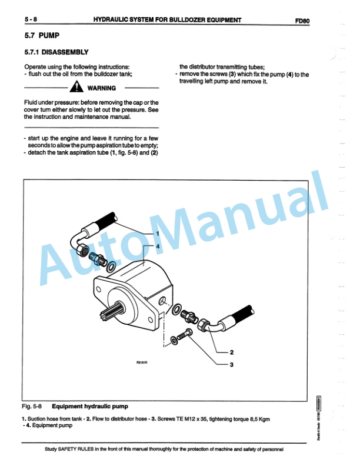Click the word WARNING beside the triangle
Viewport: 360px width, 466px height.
(101, 89)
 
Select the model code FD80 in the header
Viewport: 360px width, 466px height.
(302, 20)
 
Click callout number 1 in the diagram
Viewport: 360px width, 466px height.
(157, 234)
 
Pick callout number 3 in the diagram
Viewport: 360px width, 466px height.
(231, 364)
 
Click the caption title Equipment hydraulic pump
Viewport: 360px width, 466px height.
(89, 406)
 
